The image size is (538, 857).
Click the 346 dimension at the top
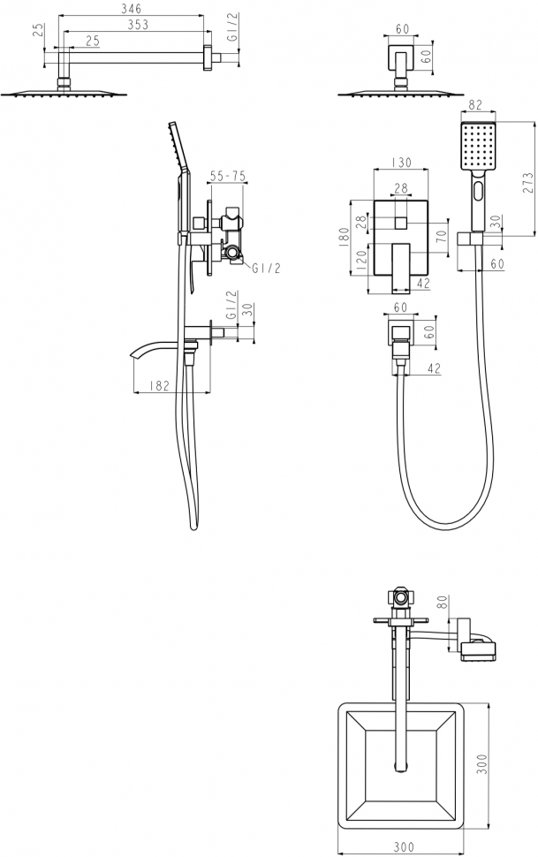pos(131,9)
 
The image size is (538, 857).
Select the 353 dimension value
pos(137,25)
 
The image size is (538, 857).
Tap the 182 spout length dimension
pos(158,385)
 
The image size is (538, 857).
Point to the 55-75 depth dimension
pos(228,176)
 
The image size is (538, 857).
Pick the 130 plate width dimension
pos(401,163)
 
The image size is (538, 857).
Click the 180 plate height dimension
pos(344,239)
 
